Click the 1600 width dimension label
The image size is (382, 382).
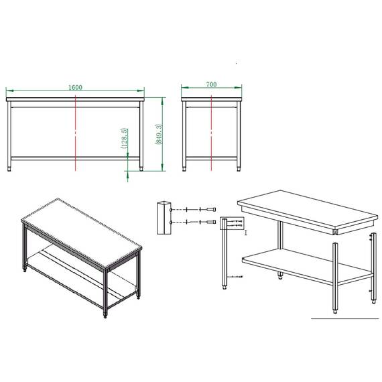75,87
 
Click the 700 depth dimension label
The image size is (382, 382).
211,85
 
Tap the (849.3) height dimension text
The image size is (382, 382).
157,134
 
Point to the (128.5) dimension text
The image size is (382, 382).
125,138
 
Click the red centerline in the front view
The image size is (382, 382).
76,134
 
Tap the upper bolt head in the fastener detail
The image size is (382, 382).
212,208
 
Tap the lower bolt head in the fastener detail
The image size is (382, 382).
212,221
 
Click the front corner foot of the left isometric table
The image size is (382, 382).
105,315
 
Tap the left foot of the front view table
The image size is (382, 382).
10,168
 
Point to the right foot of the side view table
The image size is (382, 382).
238,168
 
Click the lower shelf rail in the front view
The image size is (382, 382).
75,159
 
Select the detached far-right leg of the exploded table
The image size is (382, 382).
371,268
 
